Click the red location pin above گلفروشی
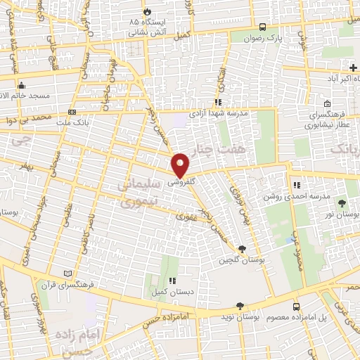click(x=181, y=164)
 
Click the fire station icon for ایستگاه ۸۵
click(x=147, y=12)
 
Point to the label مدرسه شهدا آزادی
click(x=218, y=113)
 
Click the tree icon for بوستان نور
click(x=342, y=202)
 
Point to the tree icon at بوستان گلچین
click(x=243, y=249)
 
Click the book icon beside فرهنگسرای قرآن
click(x=67, y=273)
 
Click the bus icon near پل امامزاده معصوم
click(x=296, y=307)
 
